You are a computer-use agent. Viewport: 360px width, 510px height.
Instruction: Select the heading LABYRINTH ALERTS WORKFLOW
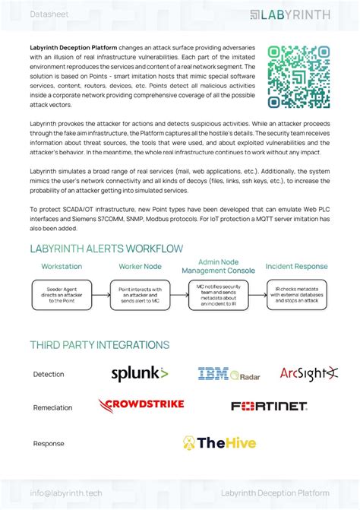(x=106, y=249)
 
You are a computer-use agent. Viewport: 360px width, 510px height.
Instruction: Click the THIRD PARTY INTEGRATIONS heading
(x=99, y=345)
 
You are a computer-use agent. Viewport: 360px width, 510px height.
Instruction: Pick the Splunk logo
(x=140, y=373)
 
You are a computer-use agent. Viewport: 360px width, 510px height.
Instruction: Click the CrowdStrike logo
(x=141, y=405)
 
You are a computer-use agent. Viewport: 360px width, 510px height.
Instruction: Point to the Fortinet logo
(x=269, y=407)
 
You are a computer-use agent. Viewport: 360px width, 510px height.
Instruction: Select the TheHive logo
(x=219, y=442)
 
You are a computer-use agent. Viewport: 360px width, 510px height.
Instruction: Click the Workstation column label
(x=62, y=267)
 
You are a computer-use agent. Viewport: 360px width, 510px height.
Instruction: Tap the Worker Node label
(x=141, y=267)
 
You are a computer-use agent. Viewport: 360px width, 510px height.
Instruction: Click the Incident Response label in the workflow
(x=297, y=267)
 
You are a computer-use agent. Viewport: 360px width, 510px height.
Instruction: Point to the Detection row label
(x=49, y=374)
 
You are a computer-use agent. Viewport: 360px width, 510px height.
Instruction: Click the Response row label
(x=49, y=443)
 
